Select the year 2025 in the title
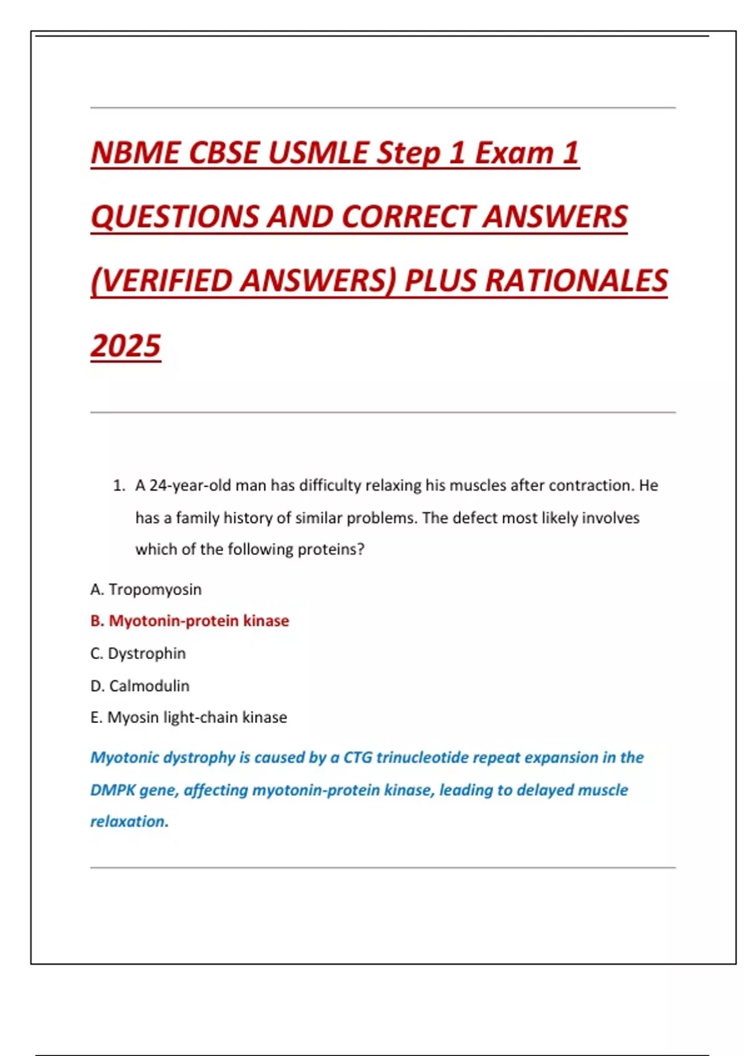126,346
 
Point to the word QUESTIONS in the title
174,217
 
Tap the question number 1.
119,486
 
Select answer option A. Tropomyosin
146,589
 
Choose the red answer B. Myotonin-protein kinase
190,621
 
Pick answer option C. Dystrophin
138,653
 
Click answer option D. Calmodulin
140,686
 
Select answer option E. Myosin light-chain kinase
189,717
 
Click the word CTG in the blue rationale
358,758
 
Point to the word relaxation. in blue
129,822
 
